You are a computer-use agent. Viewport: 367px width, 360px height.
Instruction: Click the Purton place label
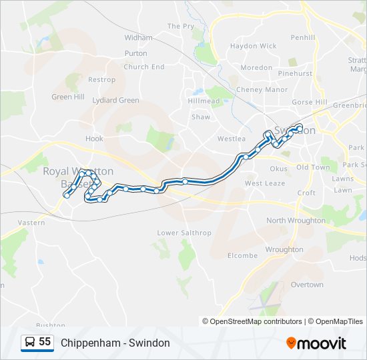135,53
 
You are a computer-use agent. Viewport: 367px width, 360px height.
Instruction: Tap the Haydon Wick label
253,46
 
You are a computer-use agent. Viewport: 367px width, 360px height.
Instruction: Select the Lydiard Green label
116,101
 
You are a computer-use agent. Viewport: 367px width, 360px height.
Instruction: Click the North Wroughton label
294,221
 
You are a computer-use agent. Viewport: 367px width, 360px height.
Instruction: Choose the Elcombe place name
242,256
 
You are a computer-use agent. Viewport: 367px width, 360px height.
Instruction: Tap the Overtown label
307,285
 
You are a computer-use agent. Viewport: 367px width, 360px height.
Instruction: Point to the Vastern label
31,223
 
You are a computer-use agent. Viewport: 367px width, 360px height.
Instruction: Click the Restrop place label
101,80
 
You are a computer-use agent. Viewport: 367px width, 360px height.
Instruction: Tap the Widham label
138,38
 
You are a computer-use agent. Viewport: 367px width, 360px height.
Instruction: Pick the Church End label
144,67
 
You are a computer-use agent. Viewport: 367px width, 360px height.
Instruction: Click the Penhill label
302,38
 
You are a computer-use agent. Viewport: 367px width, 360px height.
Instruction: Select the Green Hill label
69,97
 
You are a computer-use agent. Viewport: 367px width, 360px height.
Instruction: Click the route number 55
45,342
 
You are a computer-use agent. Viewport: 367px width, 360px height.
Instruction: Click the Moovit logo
316,343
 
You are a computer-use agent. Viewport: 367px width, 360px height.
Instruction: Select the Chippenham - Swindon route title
115,343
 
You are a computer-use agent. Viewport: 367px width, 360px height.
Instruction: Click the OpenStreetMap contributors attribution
256,321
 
